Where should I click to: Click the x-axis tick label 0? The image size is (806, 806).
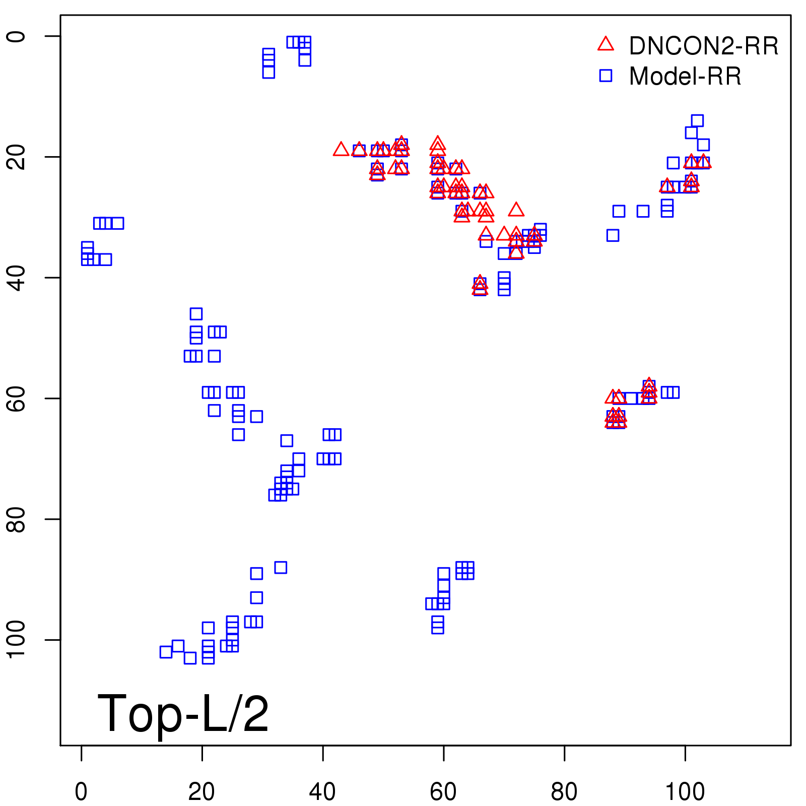click(x=81, y=792)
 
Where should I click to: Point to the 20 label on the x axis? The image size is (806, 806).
click(x=201, y=792)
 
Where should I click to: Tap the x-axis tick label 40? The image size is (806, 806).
click(x=322, y=792)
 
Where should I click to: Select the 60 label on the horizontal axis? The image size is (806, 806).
click(x=443, y=792)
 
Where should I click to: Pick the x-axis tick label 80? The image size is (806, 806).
click(x=564, y=792)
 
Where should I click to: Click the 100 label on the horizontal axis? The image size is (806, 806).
click(x=685, y=792)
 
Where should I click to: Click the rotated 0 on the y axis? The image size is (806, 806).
click(x=16, y=36)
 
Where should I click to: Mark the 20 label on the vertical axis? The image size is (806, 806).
click(x=16, y=157)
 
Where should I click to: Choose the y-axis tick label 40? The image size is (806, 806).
click(x=16, y=278)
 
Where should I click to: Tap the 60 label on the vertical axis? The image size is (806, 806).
click(x=16, y=398)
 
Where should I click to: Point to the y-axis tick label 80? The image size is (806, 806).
click(x=16, y=519)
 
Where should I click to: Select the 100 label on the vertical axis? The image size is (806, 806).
click(x=16, y=640)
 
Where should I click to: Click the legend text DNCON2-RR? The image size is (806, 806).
click(x=704, y=46)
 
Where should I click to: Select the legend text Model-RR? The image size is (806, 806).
click(x=685, y=77)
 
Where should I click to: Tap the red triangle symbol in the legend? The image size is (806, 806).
click(x=606, y=44)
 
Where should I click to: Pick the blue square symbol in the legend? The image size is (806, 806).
click(x=606, y=76)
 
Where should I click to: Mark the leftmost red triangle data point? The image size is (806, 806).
click(x=341, y=150)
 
